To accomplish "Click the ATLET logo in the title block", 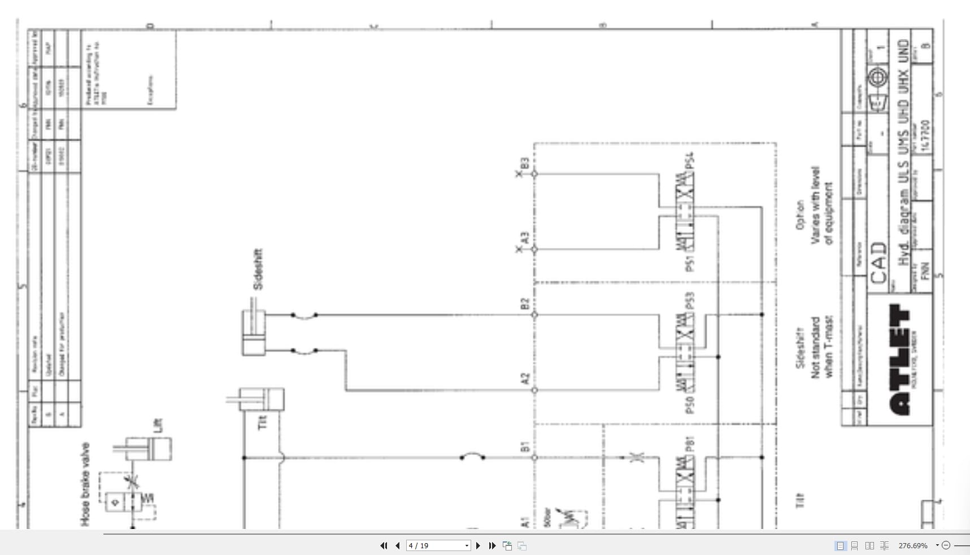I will [x=900, y=360].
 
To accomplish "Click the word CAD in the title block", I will [x=878, y=263].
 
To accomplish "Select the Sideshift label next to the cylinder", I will [x=258, y=269].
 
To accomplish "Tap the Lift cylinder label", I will [x=158, y=425].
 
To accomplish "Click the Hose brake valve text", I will [x=85, y=484].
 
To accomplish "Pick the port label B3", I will [x=525, y=163].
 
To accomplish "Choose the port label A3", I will [x=525, y=238].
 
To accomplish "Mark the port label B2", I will [x=525, y=304].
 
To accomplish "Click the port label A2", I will [x=525, y=378].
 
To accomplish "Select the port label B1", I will [x=525, y=447].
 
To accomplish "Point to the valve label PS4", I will [x=689, y=160].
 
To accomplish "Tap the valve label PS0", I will [x=689, y=404].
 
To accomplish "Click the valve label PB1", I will [x=689, y=444].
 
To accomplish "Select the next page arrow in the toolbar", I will [x=478, y=545].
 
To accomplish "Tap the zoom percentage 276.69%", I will [x=913, y=545].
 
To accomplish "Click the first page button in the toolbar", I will [x=384, y=545].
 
